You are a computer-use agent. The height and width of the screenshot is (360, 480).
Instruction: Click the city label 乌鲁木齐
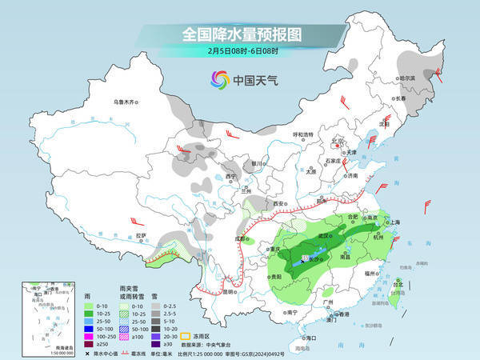[126, 102]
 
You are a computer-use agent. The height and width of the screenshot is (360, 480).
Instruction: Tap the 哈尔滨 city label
[408, 78]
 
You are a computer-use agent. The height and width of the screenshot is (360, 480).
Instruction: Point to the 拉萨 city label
[141, 235]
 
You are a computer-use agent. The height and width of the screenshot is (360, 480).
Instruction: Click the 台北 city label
[398, 282]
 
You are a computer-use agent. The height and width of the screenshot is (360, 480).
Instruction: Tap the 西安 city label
[278, 205]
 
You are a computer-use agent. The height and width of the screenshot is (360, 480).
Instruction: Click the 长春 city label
[399, 98]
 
